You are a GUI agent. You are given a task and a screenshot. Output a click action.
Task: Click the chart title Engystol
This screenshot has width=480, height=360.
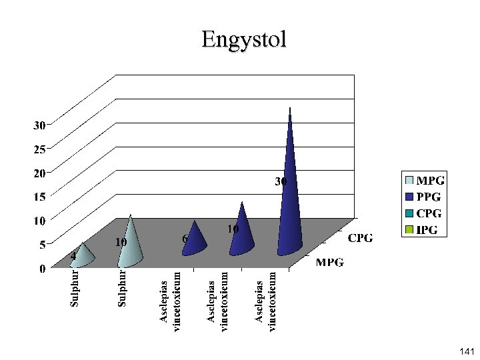(x=244, y=39)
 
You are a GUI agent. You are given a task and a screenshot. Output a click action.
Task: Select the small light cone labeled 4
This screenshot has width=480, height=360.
(x=82, y=257)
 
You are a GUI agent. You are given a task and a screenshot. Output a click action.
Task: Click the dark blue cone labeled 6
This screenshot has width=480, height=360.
(x=193, y=239)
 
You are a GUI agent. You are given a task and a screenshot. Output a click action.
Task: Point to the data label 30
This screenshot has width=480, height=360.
(x=282, y=181)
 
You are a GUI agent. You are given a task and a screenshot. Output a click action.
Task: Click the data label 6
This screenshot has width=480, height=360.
(x=185, y=238)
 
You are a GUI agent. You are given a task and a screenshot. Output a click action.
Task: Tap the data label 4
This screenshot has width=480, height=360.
(x=73, y=255)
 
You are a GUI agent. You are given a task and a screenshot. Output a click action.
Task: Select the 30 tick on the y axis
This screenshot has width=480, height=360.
(x=40, y=125)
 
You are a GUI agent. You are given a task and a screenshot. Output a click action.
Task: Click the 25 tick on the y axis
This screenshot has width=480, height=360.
(x=40, y=149)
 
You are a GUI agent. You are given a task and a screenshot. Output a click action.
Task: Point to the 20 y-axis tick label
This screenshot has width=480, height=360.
(x=40, y=173)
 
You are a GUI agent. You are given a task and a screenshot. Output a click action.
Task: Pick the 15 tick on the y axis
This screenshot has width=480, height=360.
(x=40, y=197)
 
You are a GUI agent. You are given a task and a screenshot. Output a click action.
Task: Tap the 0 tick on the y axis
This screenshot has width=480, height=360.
(x=42, y=269)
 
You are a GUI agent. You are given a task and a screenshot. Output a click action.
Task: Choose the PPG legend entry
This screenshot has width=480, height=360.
(x=430, y=197)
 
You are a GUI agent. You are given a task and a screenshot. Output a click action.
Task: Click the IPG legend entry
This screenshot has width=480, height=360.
(x=430, y=231)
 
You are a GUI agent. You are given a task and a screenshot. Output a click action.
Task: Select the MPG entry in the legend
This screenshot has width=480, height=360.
(x=430, y=181)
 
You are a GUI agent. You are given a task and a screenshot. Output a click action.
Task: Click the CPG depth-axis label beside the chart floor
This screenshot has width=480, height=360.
(x=361, y=238)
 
